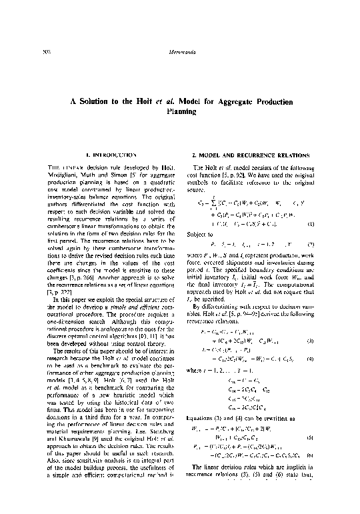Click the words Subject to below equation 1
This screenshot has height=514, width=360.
coord(203,235)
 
